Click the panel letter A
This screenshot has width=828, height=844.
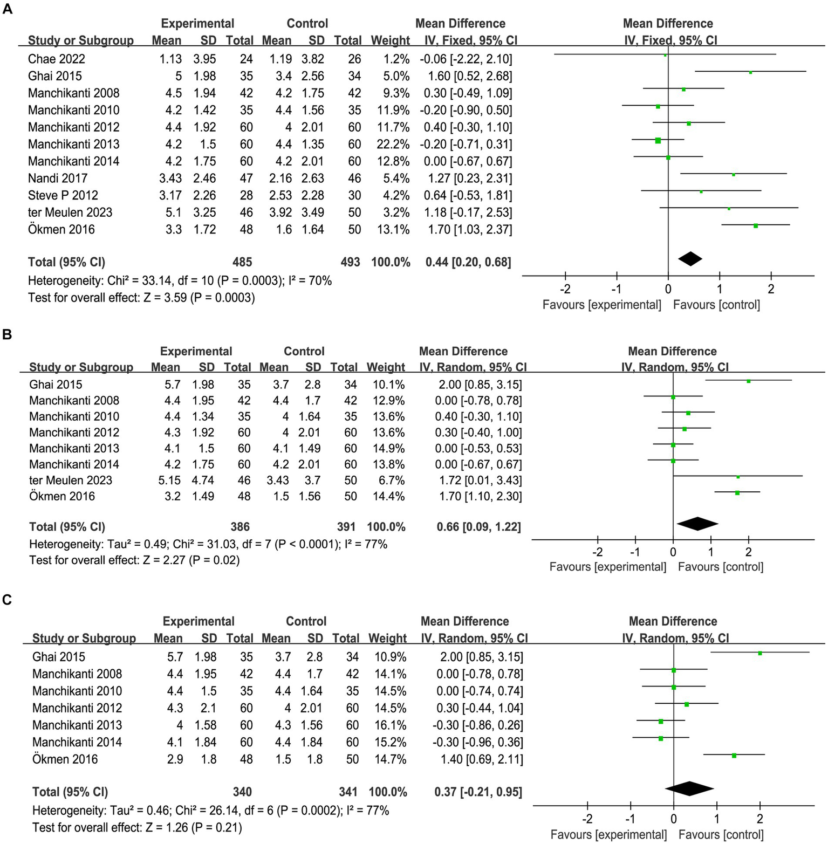pyautogui.click(x=7, y=9)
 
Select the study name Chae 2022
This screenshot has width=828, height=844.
pyautogui.click(x=57, y=59)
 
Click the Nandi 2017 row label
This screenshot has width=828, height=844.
pyautogui.click(x=58, y=178)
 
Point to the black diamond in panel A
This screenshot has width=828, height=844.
pyautogui.click(x=690, y=259)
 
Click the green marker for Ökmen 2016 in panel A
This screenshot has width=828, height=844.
pyautogui.click(x=756, y=225)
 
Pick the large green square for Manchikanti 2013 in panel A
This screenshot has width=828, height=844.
pyautogui.click(x=658, y=140)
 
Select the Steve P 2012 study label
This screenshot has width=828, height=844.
pyautogui.click(x=63, y=195)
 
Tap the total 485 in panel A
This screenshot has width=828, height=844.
pyautogui.click(x=242, y=262)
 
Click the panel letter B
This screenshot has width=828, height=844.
pyautogui.click(x=7, y=334)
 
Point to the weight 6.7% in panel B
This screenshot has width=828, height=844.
pyautogui.click(x=388, y=480)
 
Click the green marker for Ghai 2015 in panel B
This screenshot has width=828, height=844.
pyautogui.click(x=749, y=381)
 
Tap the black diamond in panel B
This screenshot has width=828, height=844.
pyautogui.click(x=697, y=523)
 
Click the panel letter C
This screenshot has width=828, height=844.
pyautogui.click(x=7, y=600)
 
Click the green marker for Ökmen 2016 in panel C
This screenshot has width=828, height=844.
pyautogui.click(x=734, y=756)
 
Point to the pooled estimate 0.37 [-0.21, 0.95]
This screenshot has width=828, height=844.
pyautogui.click(x=478, y=792)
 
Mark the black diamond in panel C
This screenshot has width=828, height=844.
pyautogui.click(x=689, y=788)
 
